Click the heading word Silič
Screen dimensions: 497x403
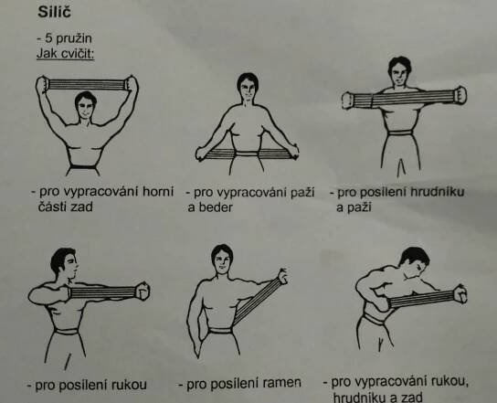(54, 12)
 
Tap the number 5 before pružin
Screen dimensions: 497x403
(48, 38)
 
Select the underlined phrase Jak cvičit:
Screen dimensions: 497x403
(65, 53)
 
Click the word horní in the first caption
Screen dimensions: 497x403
(158, 191)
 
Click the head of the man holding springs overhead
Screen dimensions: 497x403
(86, 106)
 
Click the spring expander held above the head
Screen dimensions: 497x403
(87, 85)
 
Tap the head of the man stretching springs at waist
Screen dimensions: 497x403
(248, 87)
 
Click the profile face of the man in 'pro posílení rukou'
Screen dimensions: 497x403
(71, 266)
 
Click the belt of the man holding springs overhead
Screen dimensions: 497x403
(83, 166)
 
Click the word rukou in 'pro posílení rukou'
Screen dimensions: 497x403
(129, 385)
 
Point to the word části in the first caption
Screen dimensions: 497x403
(52, 207)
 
